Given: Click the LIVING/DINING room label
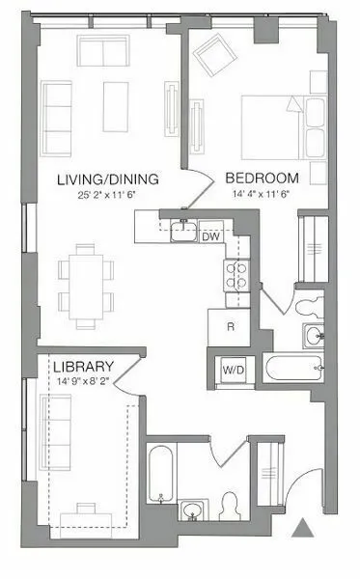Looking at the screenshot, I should (x=107, y=179).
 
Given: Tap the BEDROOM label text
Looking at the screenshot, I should (x=262, y=179).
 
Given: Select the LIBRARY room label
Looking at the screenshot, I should (x=84, y=367).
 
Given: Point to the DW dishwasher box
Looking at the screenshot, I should (x=209, y=235).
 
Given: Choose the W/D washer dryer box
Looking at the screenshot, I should (x=233, y=368).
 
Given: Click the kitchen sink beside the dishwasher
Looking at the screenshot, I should (x=181, y=230).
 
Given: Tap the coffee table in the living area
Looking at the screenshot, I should (x=118, y=105).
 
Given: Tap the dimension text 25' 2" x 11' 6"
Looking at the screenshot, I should (x=107, y=196).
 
